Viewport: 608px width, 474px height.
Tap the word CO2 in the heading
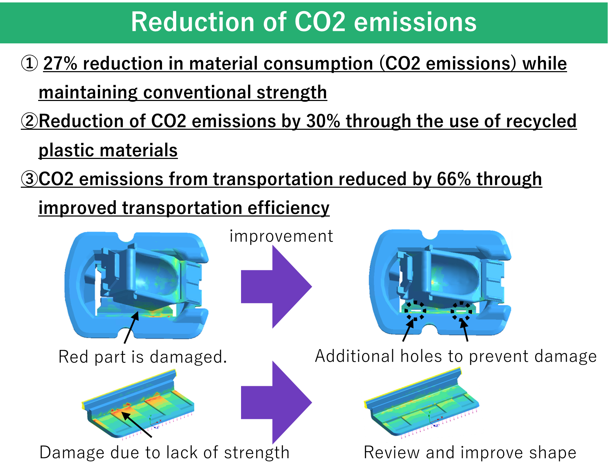(320, 22)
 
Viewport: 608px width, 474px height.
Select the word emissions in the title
(415, 22)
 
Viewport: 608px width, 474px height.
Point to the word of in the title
(274, 22)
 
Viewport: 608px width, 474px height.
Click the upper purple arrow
(276, 287)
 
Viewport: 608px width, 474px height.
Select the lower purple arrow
(276, 403)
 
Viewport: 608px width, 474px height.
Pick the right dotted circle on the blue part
(461, 311)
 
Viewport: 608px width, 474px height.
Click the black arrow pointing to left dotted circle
(409, 328)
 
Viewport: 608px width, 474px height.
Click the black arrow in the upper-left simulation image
(132, 326)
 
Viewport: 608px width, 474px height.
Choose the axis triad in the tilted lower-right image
(434, 420)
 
